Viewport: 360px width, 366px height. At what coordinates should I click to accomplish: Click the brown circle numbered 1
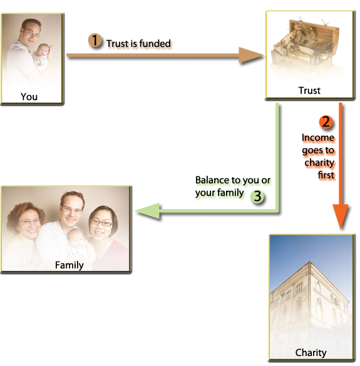pos(95,40)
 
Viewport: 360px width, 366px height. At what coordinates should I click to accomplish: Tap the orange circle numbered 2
pos(326,121)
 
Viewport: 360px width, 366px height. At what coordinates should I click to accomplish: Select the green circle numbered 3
pos(257,196)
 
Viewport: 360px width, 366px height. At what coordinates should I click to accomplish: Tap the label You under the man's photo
pos(29,96)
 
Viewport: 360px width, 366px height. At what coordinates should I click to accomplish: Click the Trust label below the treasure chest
pos(309,90)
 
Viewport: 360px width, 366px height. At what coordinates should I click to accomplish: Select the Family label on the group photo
pos(69,265)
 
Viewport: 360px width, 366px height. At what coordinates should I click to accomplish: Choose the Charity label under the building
pos(311,353)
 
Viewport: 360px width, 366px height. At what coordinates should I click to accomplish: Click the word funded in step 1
pos(155,43)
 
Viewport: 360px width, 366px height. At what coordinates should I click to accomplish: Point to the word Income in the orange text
pos(317,138)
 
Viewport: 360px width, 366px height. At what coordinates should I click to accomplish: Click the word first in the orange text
pos(326,175)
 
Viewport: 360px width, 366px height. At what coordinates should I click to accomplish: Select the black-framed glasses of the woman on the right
pos(101,223)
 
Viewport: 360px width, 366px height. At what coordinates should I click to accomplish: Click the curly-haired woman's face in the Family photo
pos(29,223)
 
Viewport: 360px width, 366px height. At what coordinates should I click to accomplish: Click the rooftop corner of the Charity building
pos(310,262)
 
